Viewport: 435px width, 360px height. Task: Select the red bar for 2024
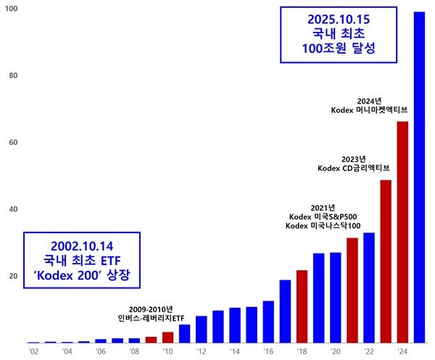pyautogui.click(x=402, y=232)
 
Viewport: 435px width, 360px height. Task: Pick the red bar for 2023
pyautogui.click(x=386, y=261)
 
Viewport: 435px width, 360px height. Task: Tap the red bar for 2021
pyautogui.click(x=352, y=290)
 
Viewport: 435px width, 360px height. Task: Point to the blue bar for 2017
pyautogui.click(x=285, y=311)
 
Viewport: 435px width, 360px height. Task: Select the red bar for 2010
pyautogui.click(x=167, y=337)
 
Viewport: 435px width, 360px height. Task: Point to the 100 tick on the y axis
pyautogui.click(x=12, y=9)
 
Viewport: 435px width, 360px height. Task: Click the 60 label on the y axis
pyautogui.click(x=12, y=143)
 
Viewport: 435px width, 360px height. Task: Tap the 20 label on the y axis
pyautogui.click(x=12, y=276)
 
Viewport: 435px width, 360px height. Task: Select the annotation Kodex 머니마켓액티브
pyautogui.click(x=369, y=111)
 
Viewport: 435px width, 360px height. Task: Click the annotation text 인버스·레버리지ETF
pyautogui.click(x=151, y=318)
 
